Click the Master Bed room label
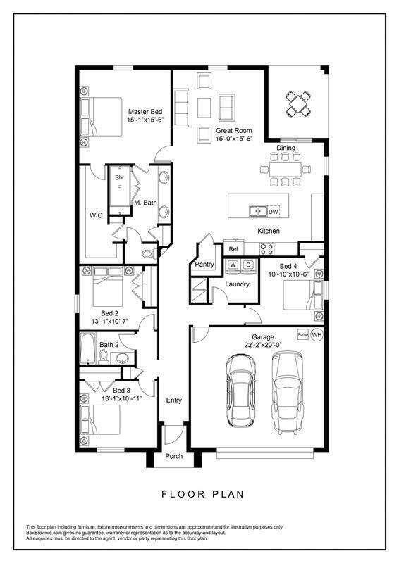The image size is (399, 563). pyautogui.click(x=145, y=112)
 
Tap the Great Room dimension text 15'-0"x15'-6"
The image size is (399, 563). pyautogui.click(x=234, y=139)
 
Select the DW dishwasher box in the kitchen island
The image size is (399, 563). pyautogui.click(x=274, y=212)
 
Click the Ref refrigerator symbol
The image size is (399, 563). pyautogui.click(x=233, y=249)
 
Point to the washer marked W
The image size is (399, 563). pyautogui.click(x=233, y=265)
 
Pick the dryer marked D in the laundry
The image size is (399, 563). pyautogui.click(x=248, y=265)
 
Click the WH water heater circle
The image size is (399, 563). pyautogui.click(x=317, y=335)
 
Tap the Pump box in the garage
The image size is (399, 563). pyautogui.click(x=303, y=334)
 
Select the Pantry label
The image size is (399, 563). pyautogui.click(x=204, y=265)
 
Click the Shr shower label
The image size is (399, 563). pyautogui.click(x=119, y=177)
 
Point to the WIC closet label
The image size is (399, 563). pyautogui.click(x=96, y=215)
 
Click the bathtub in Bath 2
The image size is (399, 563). pyautogui.click(x=87, y=348)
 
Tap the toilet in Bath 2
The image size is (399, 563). pyautogui.click(x=104, y=358)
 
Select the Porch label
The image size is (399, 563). pyautogui.click(x=174, y=456)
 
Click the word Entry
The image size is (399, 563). pyautogui.click(x=174, y=400)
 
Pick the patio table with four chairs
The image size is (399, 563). pyautogui.click(x=298, y=103)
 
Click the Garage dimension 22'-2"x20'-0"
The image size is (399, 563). pyautogui.click(x=263, y=345)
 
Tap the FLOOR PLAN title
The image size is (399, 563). pyautogui.click(x=202, y=494)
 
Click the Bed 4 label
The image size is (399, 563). pyautogui.click(x=288, y=266)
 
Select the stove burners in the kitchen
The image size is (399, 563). pyautogui.click(x=266, y=248)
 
